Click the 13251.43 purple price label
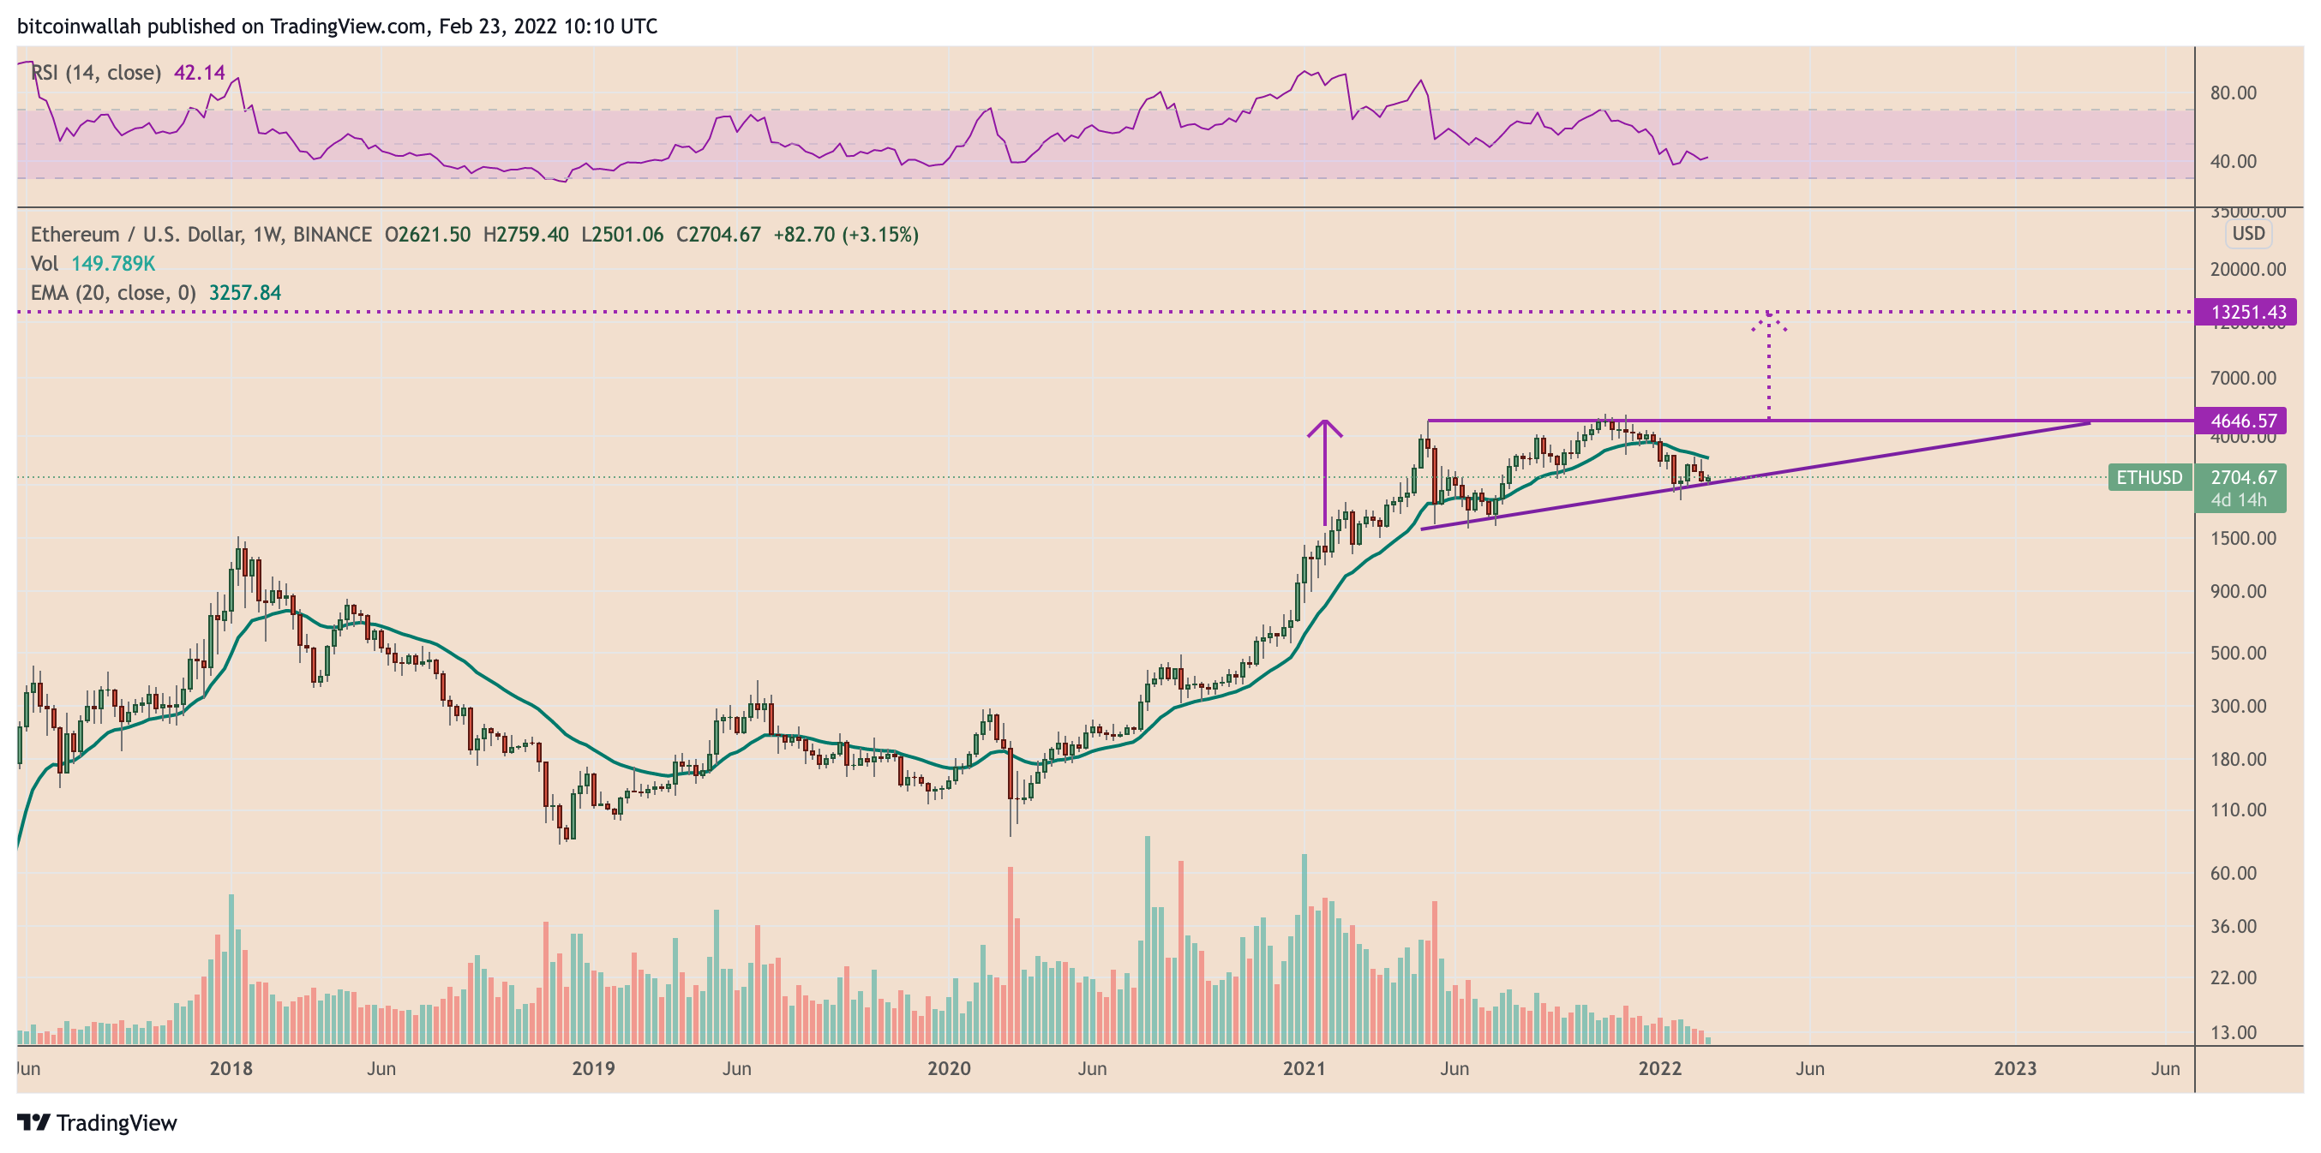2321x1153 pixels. pos(2247,313)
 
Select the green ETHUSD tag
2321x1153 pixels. pos(2149,477)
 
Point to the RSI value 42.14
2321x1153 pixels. pos(199,73)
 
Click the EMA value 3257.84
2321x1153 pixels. pos(245,293)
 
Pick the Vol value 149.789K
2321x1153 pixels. pos(113,264)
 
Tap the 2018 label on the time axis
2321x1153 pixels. pos(231,1068)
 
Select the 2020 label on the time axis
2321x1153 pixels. pos(949,1068)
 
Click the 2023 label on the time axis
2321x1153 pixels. pos(2015,1068)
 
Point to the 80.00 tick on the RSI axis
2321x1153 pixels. pos(2233,93)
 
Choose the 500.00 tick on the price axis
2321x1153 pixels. pos(2238,653)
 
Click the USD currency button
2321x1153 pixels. pos(2248,234)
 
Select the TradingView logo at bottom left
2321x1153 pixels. pos(98,1123)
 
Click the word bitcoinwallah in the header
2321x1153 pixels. pos(80,26)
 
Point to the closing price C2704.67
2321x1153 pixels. pos(718,235)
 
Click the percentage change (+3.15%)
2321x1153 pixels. pos(880,235)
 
